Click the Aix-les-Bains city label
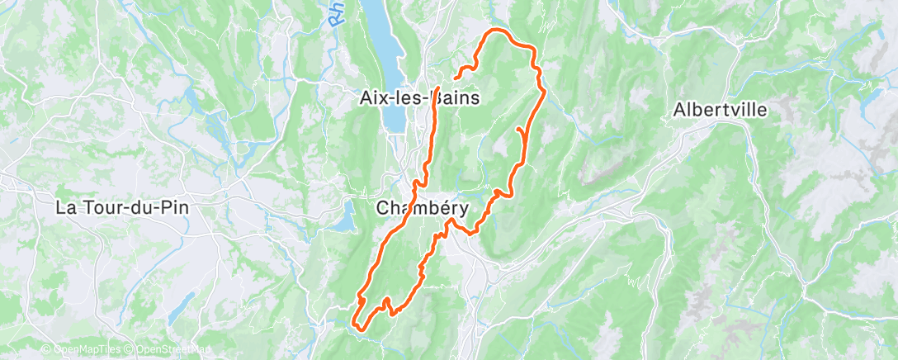click(x=420, y=97)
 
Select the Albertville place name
click(x=721, y=110)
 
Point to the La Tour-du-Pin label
click(x=121, y=207)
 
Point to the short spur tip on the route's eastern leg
click(x=518, y=129)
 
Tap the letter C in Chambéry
click(x=383, y=209)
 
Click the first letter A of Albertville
click(x=679, y=110)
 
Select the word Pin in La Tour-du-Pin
click(x=175, y=207)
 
